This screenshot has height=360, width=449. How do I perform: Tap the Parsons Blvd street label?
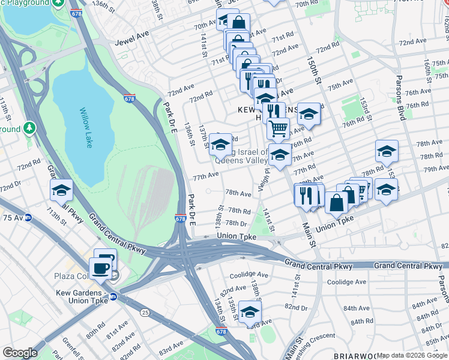click(400, 100)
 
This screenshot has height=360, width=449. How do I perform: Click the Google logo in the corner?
click(20, 353)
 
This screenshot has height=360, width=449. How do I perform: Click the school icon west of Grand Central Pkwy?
click(61, 190)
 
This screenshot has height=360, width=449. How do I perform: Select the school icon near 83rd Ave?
click(250, 312)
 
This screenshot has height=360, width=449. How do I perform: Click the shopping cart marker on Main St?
click(278, 128)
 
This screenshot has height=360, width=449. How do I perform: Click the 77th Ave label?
click(205, 175)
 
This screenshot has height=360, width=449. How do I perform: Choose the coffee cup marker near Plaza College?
click(101, 268)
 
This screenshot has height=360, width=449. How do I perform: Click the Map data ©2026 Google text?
click(412, 355)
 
